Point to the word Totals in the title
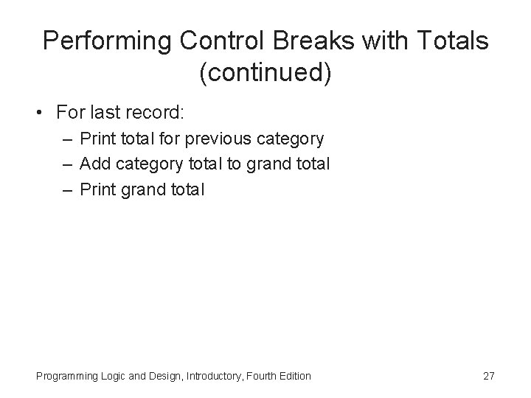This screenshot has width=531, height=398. click(452, 41)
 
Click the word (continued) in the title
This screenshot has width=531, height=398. click(265, 72)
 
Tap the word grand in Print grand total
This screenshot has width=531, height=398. click(141, 189)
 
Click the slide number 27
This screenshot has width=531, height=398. click(488, 376)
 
